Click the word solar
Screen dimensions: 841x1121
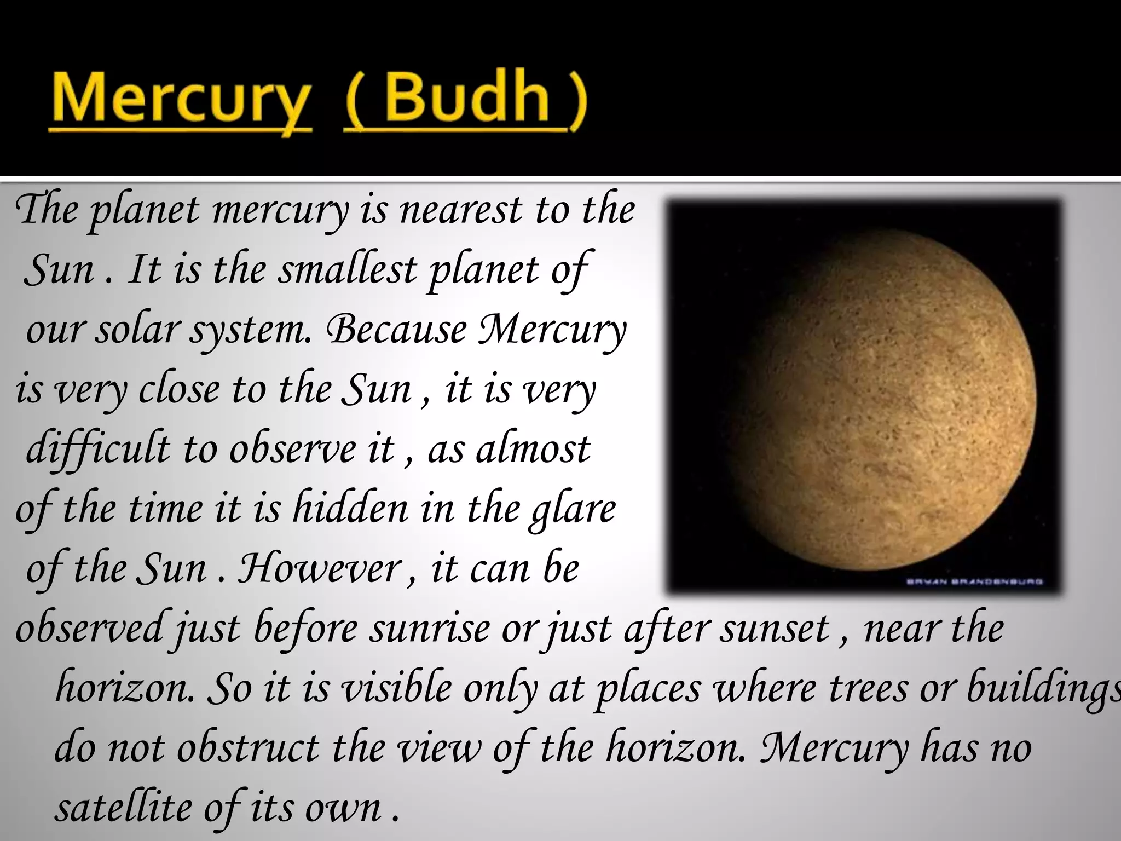click(x=137, y=330)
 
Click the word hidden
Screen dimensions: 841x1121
click(x=350, y=509)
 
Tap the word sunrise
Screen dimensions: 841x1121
click(x=429, y=629)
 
